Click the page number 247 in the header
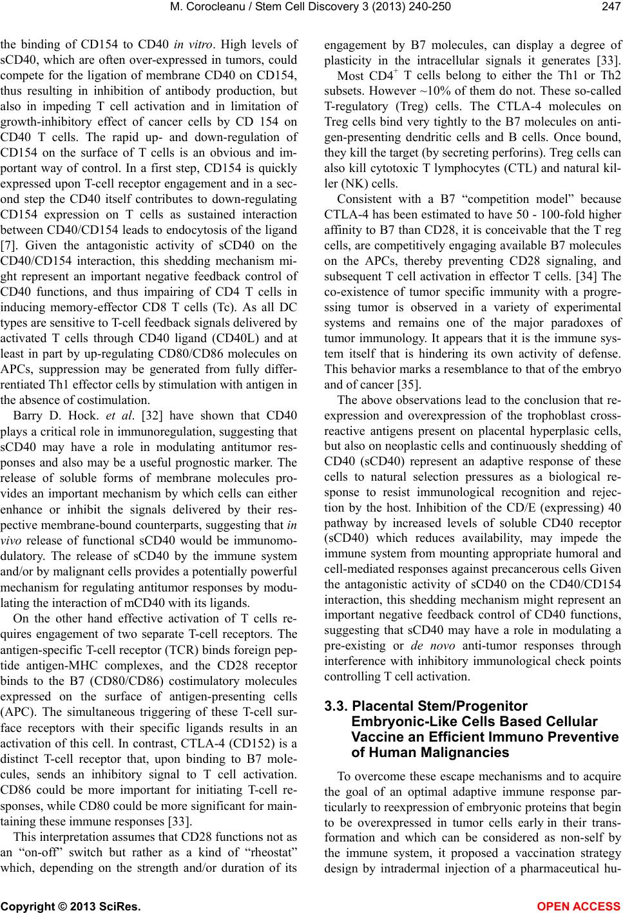coord(609,8)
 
